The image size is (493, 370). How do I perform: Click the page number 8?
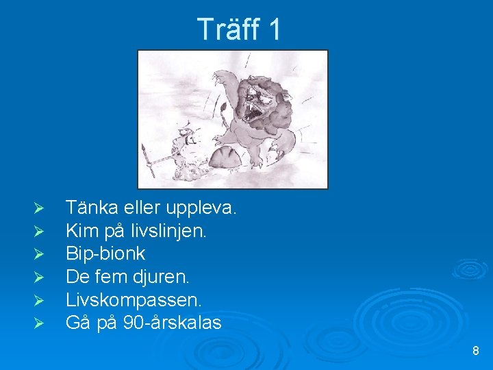(x=476, y=351)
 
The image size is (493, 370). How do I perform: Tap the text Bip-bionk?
(x=105, y=253)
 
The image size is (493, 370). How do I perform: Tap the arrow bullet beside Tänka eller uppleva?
(x=39, y=207)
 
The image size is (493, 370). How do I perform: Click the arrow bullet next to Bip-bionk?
(x=39, y=254)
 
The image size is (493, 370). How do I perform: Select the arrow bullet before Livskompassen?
(x=39, y=300)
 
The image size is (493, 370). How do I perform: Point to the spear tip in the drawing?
(x=144, y=148)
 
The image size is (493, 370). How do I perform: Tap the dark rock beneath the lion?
(x=226, y=158)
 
